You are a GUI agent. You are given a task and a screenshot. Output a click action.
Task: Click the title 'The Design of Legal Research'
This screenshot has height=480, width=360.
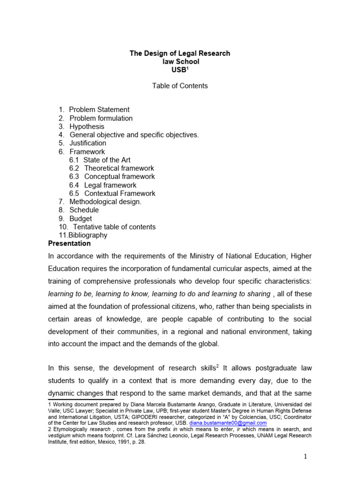click(180, 53)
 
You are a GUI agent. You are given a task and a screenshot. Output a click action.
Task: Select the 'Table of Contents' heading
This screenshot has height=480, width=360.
click(180, 86)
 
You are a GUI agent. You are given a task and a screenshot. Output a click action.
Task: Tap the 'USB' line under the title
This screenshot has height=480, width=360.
click(179, 70)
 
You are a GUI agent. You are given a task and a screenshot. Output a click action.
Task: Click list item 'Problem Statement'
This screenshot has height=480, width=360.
click(99, 110)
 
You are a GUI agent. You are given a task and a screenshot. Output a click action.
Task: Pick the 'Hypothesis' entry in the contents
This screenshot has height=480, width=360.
click(87, 127)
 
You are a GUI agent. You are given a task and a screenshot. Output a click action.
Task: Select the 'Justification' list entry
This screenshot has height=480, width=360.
click(88, 143)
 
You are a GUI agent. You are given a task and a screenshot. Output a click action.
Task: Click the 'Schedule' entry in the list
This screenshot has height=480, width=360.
click(84, 210)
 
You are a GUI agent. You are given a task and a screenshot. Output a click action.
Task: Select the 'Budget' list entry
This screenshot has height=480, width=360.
click(81, 218)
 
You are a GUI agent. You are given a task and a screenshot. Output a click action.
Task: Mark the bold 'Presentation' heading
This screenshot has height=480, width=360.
click(70, 244)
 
